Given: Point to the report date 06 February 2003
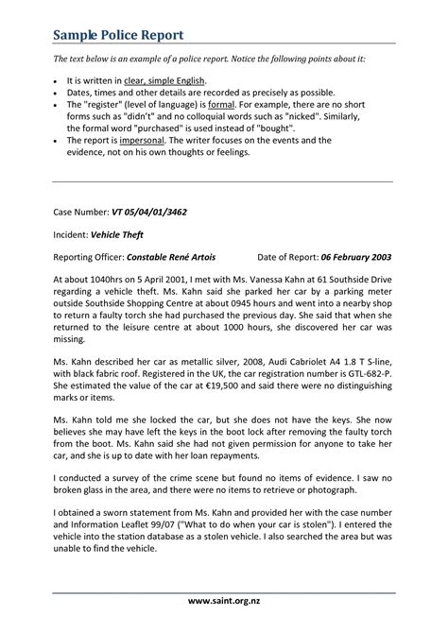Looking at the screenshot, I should (x=356, y=256).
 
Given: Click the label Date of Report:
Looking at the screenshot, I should (x=287, y=256).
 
